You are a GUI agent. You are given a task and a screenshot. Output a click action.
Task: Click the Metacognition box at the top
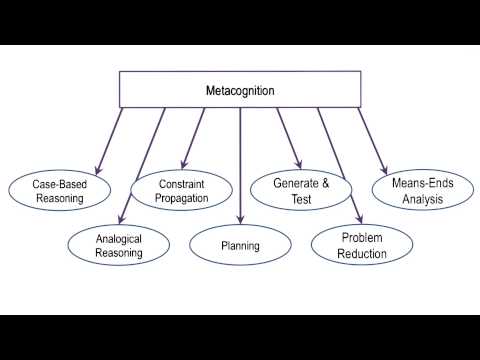click(x=240, y=90)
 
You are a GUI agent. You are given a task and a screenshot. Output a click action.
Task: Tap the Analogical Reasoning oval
click(x=119, y=246)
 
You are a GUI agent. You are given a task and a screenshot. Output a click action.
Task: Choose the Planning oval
click(x=240, y=245)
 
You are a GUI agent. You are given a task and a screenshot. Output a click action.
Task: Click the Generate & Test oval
click(x=301, y=191)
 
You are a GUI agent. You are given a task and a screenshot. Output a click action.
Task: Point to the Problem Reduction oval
click(x=362, y=246)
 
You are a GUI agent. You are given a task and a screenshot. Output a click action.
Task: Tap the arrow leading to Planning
click(x=240, y=160)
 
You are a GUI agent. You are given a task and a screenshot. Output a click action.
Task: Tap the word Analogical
click(x=119, y=239)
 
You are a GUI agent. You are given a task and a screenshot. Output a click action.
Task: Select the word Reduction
click(x=362, y=253)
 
